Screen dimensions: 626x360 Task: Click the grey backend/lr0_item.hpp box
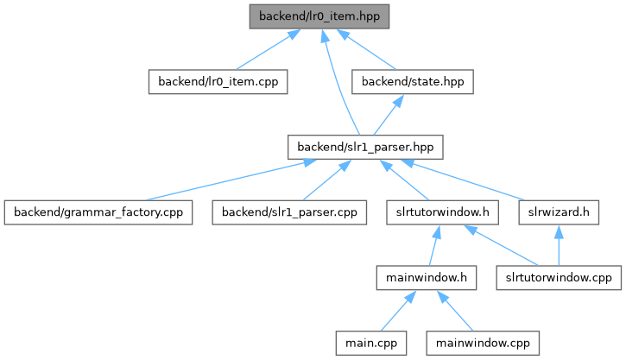pos(319,16)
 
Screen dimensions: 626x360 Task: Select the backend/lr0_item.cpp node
pos(218,82)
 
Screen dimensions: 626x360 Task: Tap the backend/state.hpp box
pos(413,82)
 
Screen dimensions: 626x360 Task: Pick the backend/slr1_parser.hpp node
pos(365,148)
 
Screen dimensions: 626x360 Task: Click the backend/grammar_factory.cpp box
pos(98,212)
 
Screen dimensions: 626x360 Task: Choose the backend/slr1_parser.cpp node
pos(289,212)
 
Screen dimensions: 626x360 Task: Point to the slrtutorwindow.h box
pos(442,212)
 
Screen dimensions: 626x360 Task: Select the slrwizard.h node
pos(559,212)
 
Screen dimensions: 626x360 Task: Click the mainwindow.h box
pos(427,278)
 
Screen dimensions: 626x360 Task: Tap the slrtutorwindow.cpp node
pos(559,278)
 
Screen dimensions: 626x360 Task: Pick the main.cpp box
pos(371,343)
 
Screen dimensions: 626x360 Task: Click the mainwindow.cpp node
pos(483,343)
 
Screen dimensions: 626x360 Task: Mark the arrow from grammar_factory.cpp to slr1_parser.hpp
pos(231,180)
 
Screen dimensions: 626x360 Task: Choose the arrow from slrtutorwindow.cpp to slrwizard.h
pos(559,245)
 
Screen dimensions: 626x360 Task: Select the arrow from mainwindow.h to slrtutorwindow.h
pos(435,245)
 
